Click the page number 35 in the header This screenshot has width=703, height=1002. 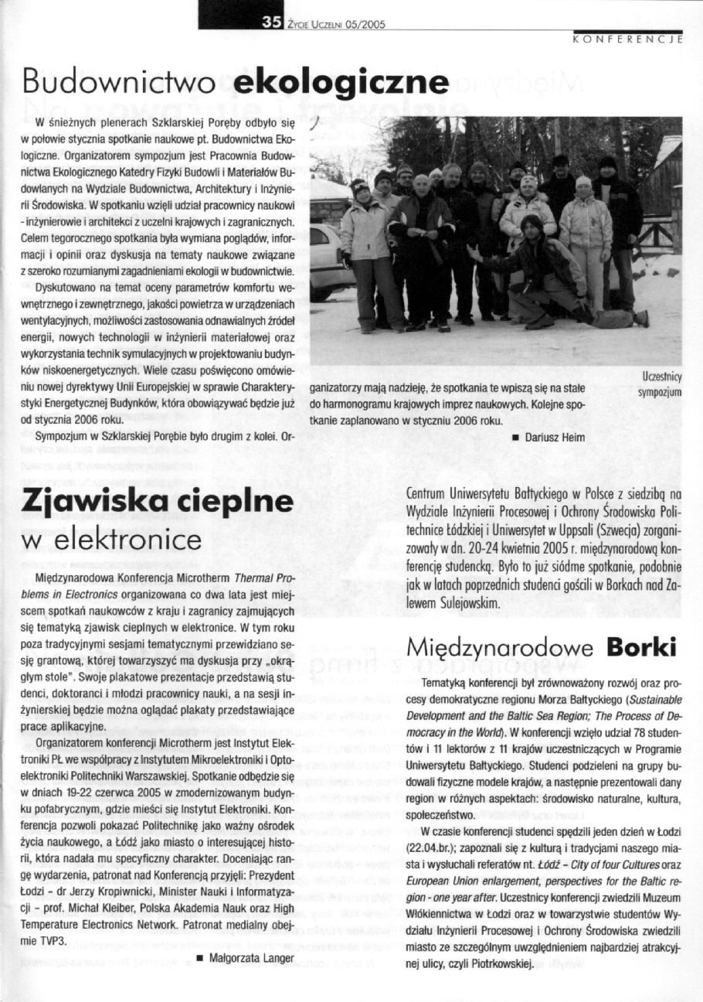click(270, 22)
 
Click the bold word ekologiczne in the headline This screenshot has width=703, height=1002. click(341, 83)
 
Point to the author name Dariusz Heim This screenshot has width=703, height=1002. click(554, 438)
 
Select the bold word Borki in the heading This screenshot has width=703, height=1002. click(640, 646)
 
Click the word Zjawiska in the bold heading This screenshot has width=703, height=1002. click(89, 502)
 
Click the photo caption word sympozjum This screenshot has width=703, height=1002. click(660, 392)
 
